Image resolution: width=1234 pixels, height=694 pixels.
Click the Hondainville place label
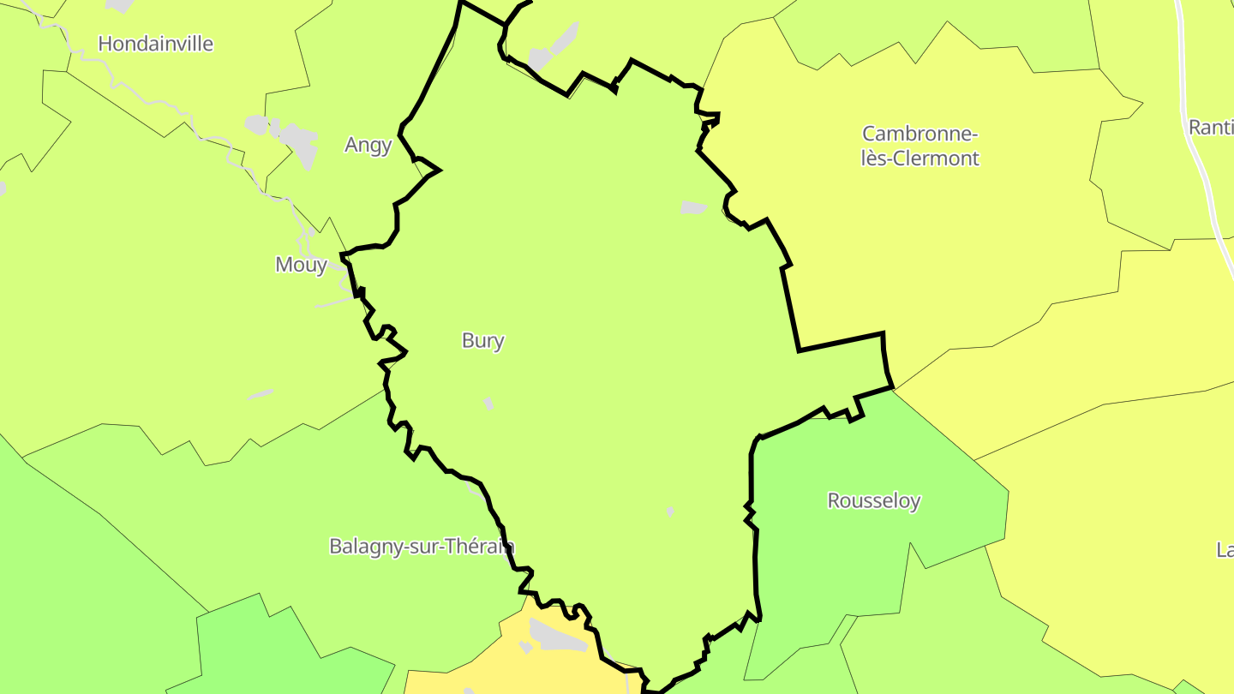(x=155, y=44)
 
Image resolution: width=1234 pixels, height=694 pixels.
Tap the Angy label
(x=368, y=145)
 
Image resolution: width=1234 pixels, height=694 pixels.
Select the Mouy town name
(x=301, y=265)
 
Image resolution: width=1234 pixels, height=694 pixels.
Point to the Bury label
(x=482, y=340)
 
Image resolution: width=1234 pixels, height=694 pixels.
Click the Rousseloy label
(x=873, y=500)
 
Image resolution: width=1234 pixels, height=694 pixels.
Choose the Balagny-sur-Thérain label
(x=422, y=546)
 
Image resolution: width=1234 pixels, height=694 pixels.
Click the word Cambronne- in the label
(x=920, y=135)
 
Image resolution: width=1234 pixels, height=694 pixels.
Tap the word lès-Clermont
(x=920, y=159)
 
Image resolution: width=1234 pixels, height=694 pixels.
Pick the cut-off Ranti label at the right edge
(x=1210, y=127)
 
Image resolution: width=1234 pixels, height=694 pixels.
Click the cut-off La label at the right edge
(x=1225, y=549)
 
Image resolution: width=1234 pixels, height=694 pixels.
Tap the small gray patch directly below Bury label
(x=488, y=403)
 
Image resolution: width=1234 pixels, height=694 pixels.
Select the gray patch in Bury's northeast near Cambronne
(x=692, y=207)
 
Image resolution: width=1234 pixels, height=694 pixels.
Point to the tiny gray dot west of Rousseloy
(x=670, y=512)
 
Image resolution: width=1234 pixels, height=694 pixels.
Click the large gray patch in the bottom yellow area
(x=558, y=635)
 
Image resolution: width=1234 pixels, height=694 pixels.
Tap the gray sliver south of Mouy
(x=261, y=395)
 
